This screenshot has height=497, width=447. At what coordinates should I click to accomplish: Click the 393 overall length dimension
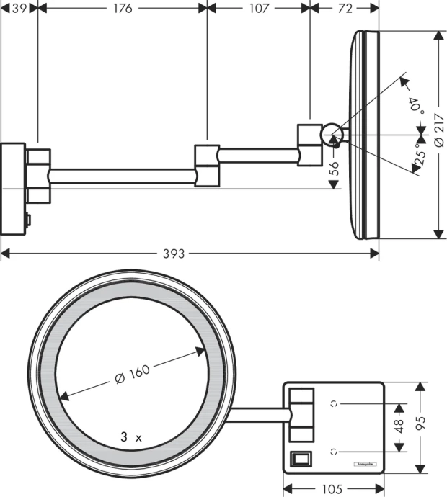(x=174, y=254)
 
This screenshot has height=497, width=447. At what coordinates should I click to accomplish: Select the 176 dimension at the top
(x=122, y=8)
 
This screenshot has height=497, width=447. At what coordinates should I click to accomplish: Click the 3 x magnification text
(x=132, y=436)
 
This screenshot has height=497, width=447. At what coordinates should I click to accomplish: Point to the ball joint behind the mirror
(x=332, y=133)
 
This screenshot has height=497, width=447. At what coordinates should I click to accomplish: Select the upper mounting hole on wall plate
(x=333, y=404)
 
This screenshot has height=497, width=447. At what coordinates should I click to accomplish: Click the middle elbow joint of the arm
(x=206, y=165)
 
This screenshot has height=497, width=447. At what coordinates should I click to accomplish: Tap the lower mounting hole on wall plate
(x=333, y=452)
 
